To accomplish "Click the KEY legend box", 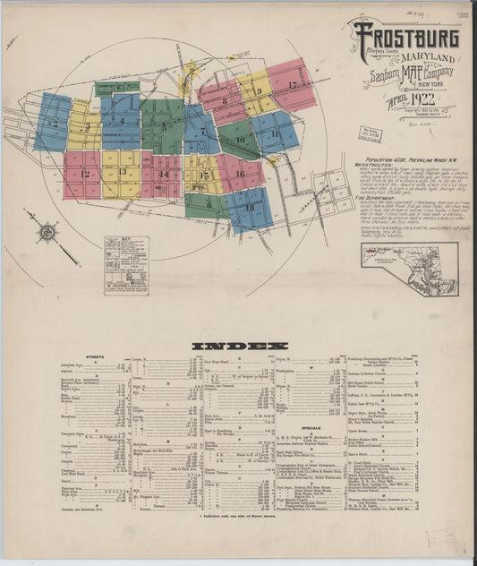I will (126, 264).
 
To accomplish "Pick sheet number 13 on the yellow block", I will (123, 171).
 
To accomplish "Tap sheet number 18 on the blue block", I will (249, 208).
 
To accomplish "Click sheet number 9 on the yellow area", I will (258, 91).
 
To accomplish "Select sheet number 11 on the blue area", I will (276, 134).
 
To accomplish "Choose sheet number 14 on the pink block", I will (163, 174).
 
